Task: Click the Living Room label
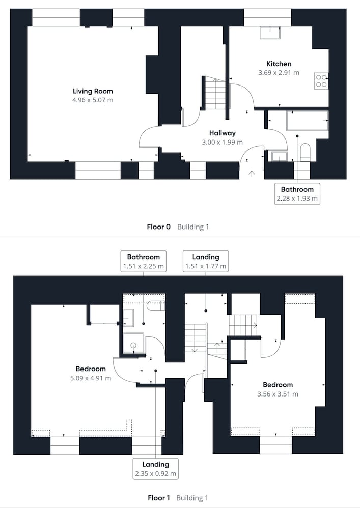click(x=93, y=91)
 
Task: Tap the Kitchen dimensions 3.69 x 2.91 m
click(x=279, y=73)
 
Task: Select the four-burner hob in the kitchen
click(x=321, y=81)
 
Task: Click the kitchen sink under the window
click(x=270, y=33)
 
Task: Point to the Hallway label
click(x=223, y=133)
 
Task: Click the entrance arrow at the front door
click(x=251, y=174)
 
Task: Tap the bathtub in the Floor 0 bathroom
click(x=307, y=121)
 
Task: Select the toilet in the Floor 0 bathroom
click(x=305, y=152)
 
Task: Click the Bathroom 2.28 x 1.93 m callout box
click(x=297, y=194)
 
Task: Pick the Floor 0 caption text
click(x=158, y=227)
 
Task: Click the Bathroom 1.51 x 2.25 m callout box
click(x=144, y=261)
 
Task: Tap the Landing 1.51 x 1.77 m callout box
click(x=206, y=261)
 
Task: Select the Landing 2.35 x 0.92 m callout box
click(x=156, y=468)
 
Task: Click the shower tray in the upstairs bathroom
click(x=133, y=343)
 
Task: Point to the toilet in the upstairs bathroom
click(x=156, y=305)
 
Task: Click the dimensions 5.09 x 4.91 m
click(x=91, y=378)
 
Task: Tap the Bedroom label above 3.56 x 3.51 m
click(x=278, y=385)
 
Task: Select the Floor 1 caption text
click(x=159, y=498)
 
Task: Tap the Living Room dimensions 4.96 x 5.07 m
click(x=93, y=100)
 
